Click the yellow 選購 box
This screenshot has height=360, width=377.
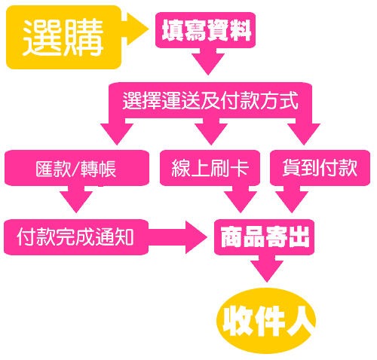[63, 37]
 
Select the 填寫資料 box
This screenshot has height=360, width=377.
[205, 30]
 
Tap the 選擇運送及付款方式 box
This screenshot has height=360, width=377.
[210, 100]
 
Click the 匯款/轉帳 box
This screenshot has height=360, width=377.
[77, 168]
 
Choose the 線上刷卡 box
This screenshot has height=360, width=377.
[210, 168]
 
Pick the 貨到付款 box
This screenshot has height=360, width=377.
[320, 168]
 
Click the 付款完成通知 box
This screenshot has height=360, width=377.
[76, 237]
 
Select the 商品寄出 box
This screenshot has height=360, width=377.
[264, 237]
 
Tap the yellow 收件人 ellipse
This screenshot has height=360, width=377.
[266, 321]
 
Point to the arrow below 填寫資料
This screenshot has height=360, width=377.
[208, 62]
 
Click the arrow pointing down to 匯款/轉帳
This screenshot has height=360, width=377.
[117, 132]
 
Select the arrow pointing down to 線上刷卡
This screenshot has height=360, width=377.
[211, 132]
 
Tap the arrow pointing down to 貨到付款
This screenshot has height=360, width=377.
[304, 132]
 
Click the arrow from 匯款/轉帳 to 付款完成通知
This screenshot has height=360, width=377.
[76, 200]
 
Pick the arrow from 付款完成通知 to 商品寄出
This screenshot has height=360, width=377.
[178, 237]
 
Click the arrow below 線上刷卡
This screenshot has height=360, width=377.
[241, 200]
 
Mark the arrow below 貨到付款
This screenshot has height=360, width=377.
[292, 200]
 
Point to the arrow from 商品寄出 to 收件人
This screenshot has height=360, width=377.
[267, 269]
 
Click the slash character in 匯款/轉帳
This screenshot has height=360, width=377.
[75, 169]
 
